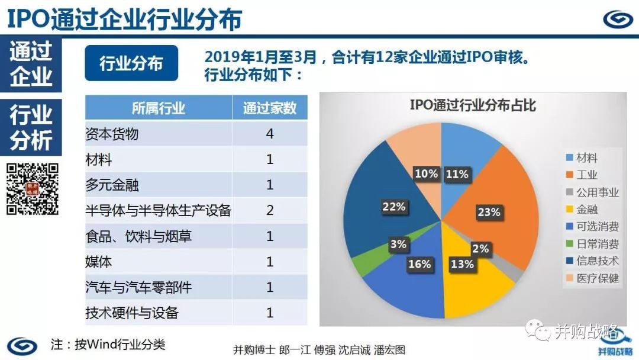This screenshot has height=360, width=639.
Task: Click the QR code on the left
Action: pos(33,189)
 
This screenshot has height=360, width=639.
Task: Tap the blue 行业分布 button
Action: pos(131,63)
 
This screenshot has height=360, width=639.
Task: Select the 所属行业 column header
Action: pos(159,108)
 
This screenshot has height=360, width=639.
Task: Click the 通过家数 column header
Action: pos(270,108)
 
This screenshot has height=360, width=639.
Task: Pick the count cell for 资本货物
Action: pos(270,133)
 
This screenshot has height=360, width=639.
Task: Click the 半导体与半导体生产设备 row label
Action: pos(158,210)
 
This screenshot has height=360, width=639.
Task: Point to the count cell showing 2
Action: pos(270,210)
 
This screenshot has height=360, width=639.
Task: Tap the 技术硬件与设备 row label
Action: pos(131,313)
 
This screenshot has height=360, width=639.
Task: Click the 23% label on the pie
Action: pos(489,212)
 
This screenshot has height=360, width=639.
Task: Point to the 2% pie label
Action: pos(480,248)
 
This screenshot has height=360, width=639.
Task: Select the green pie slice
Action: pos(362,264)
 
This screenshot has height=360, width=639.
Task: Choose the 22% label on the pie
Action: pos(393,207)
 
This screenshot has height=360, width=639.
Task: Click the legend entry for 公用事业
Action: pos(592,192)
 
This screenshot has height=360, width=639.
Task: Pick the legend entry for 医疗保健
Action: pos(592,278)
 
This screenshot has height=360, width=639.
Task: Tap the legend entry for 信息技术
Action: pos(592,261)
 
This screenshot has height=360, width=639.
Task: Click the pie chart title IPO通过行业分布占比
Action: pos(473,105)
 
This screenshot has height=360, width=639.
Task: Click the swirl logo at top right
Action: pos(618,19)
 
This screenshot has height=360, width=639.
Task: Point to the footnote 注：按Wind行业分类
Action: pos(108,345)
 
